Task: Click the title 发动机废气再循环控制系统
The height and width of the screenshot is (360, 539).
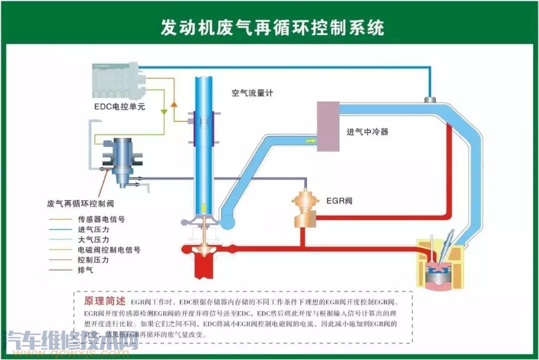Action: point(272,28)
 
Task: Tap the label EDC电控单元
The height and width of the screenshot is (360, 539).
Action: point(120,106)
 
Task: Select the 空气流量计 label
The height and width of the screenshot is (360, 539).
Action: point(252,93)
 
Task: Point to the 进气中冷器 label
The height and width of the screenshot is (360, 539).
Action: point(367,132)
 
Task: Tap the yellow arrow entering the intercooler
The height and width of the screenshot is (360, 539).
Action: point(310,141)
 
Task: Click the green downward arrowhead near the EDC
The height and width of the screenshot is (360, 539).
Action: point(165,112)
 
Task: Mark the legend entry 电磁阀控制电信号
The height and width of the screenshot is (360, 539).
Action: point(109,250)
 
